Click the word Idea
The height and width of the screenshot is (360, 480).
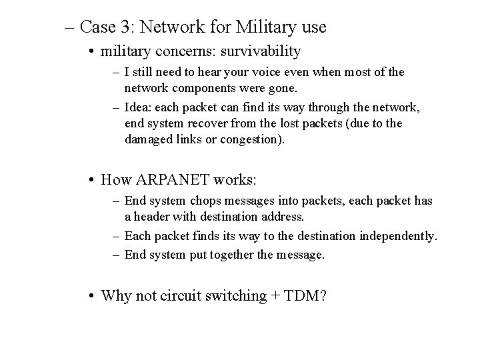(138, 107)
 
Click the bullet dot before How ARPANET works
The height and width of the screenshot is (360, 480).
(91, 180)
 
